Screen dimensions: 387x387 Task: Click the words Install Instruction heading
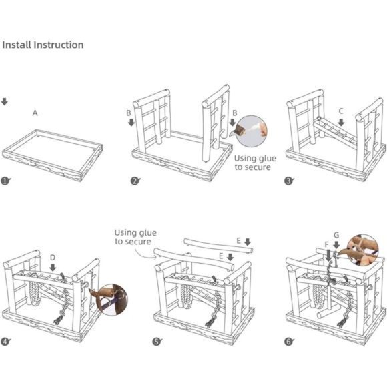(x=43, y=45)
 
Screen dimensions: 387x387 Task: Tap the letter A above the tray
(x=35, y=113)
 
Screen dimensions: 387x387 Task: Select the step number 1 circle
(x=5, y=181)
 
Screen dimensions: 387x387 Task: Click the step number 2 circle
(x=135, y=181)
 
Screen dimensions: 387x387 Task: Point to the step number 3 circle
(x=288, y=181)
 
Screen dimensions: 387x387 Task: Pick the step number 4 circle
(x=5, y=342)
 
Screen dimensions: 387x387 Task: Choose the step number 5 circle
(x=157, y=342)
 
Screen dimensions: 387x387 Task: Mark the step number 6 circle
(x=288, y=342)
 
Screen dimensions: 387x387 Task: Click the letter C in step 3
(x=341, y=111)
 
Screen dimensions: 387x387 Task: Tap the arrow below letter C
(x=341, y=122)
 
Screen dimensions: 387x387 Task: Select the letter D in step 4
(x=53, y=258)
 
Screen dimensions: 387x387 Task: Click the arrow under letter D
(x=53, y=268)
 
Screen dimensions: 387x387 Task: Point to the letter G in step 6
(x=336, y=235)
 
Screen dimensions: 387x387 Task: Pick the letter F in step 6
(x=327, y=245)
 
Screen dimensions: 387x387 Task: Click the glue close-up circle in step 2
(x=252, y=131)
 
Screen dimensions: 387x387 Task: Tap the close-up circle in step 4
(x=112, y=300)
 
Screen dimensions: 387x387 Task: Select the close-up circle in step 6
(x=362, y=250)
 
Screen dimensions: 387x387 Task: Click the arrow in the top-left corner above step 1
(x=5, y=101)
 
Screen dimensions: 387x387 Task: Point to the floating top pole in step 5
(x=218, y=246)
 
